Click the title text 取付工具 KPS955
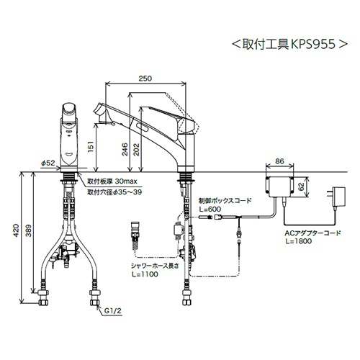(x=290, y=44)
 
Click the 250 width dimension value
(x=145, y=78)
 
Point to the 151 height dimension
(x=90, y=147)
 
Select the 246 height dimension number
(x=125, y=149)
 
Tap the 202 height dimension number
(x=136, y=149)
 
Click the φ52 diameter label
(x=48, y=163)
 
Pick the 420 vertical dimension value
(x=16, y=230)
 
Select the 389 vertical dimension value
(x=29, y=230)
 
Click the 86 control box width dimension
(x=279, y=161)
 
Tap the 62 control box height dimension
(x=302, y=186)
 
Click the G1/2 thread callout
(x=113, y=311)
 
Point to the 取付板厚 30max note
(x=112, y=181)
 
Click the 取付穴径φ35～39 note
(x=114, y=192)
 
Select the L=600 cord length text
(x=210, y=209)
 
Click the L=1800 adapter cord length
(x=299, y=241)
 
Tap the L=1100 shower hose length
(x=145, y=274)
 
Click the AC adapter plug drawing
(x=336, y=197)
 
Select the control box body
(x=279, y=186)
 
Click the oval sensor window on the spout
(x=143, y=127)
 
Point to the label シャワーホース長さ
(x=155, y=266)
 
